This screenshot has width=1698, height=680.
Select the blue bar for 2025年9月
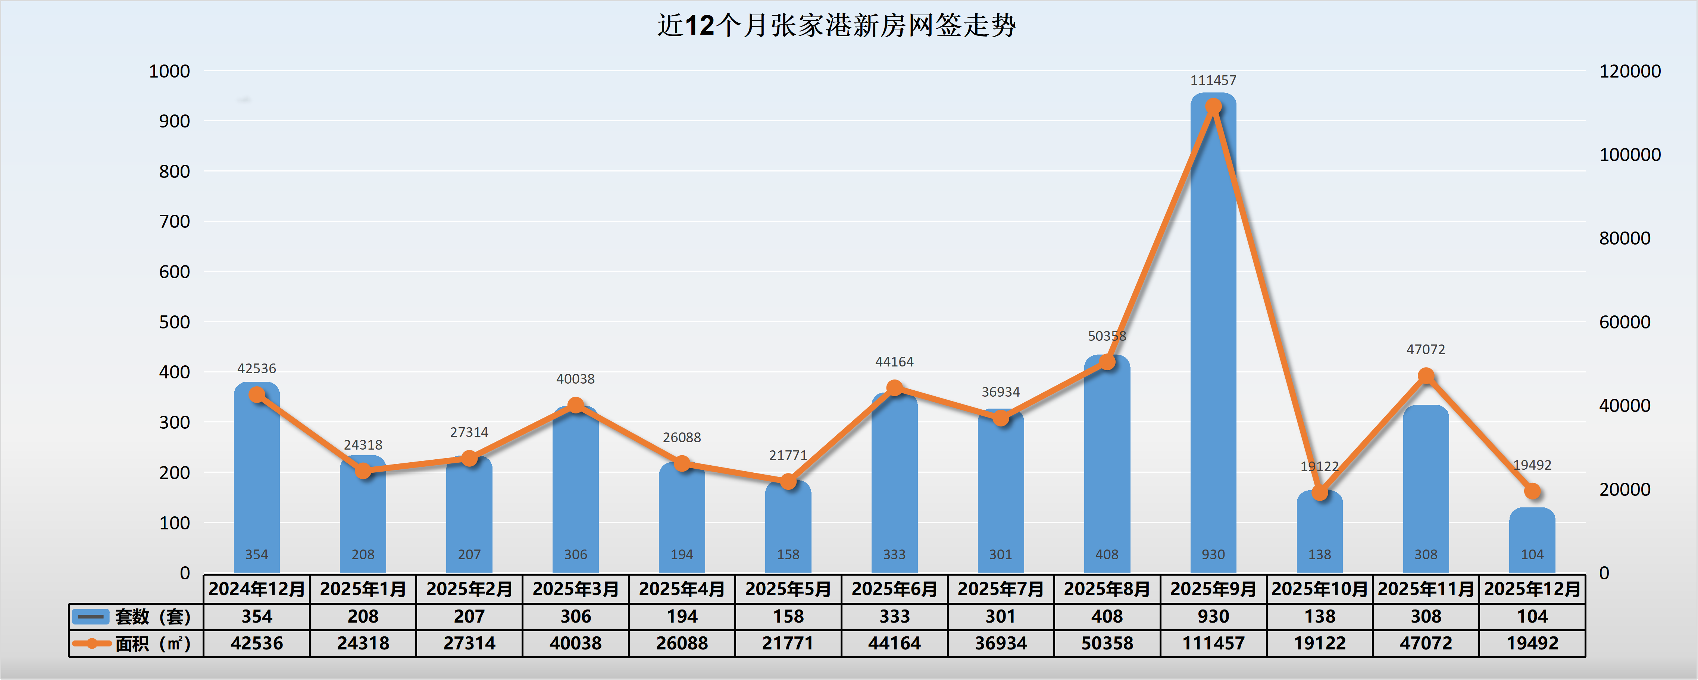1213,330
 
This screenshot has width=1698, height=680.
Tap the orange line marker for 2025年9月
1213,107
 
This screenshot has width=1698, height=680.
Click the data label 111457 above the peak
1213,81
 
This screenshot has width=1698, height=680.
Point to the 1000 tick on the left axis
169,71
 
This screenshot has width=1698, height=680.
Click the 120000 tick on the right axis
1629,71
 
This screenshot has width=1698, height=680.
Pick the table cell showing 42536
256,643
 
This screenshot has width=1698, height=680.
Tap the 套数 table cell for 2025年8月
1107,617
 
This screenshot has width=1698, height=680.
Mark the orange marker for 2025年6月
894,388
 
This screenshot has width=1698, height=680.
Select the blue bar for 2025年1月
363,514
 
